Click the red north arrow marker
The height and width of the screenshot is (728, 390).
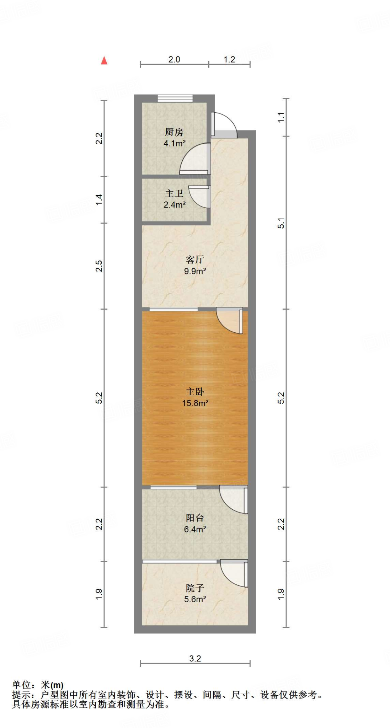[x=104, y=60]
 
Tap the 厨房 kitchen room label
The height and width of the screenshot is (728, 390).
[x=174, y=132]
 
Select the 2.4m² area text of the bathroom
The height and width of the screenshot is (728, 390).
[x=174, y=205]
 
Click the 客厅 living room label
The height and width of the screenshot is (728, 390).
[x=195, y=259]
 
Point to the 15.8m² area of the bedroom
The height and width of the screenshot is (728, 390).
[x=195, y=403]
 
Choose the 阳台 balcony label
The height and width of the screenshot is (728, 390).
[x=195, y=518]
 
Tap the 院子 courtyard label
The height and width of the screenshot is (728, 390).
[x=195, y=588]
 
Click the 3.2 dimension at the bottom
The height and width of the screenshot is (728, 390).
[x=195, y=659]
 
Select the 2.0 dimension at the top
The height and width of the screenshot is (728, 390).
[x=174, y=59]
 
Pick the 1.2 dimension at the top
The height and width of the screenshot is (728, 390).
[x=229, y=59]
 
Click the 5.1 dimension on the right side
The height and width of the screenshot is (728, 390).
[x=281, y=223]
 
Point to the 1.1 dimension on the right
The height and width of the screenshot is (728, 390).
[x=281, y=117]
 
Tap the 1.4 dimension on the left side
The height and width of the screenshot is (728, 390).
[x=99, y=199]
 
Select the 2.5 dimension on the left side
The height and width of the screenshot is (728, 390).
[x=99, y=266]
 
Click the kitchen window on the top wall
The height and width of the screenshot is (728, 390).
[x=175, y=98]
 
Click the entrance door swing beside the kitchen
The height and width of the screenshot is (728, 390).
[x=224, y=124]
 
